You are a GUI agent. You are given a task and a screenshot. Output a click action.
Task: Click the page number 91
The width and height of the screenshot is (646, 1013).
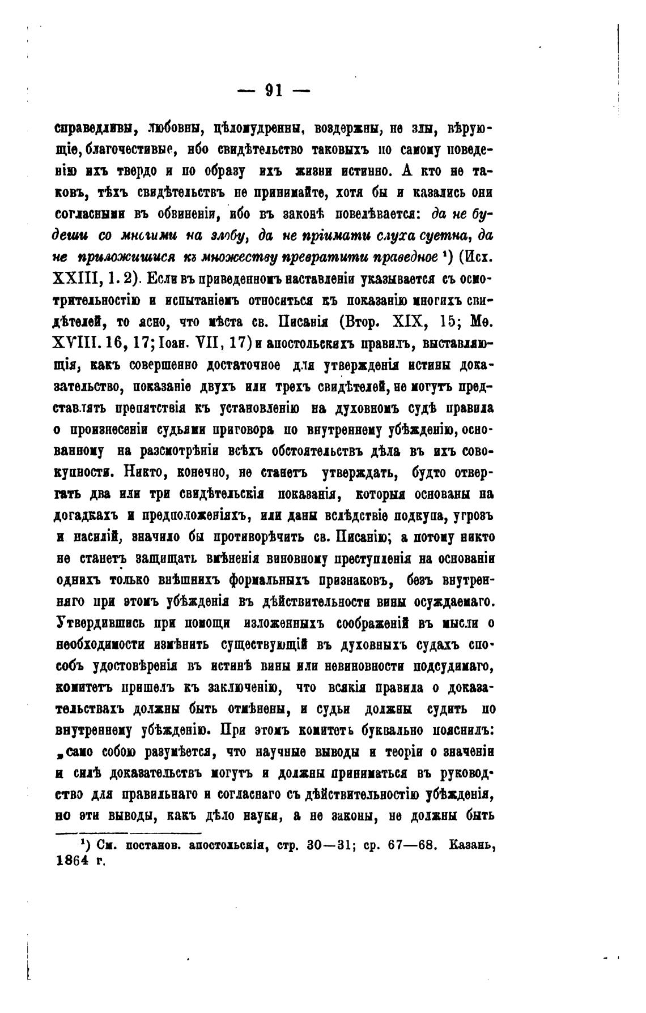tap(274, 91)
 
